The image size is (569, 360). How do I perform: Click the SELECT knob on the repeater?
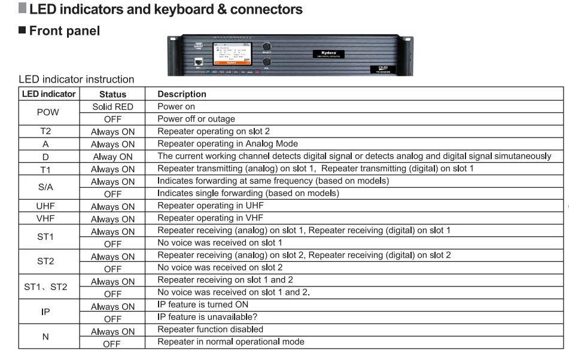point(267,45)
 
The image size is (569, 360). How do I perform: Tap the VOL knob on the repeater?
point(267,62)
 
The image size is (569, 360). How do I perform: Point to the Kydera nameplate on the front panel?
point(328,54)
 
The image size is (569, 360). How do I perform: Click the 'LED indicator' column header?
point(48,94)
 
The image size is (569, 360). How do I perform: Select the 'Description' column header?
point(181,94)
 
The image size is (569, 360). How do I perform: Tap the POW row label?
point(48,112)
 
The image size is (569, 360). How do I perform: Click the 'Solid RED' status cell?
point(112,106)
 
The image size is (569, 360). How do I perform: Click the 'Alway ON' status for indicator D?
point(112,157)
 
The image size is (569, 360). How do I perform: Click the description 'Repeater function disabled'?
point(210,330)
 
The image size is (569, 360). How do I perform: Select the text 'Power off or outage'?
point(196,119)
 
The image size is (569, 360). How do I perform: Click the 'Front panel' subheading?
point(64,30)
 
